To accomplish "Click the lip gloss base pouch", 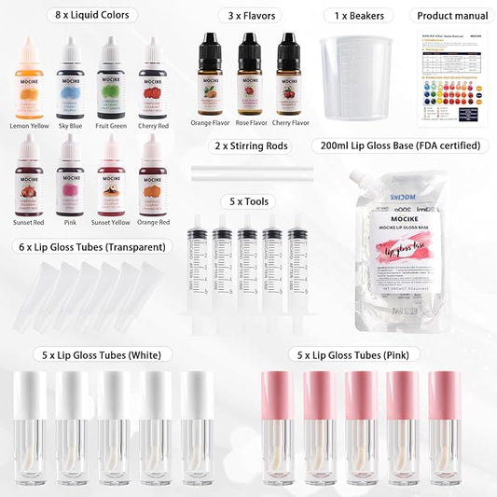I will click(420, 242).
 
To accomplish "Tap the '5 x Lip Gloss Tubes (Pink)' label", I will click(360, 354).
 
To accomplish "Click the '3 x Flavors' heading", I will click(251, 15).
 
